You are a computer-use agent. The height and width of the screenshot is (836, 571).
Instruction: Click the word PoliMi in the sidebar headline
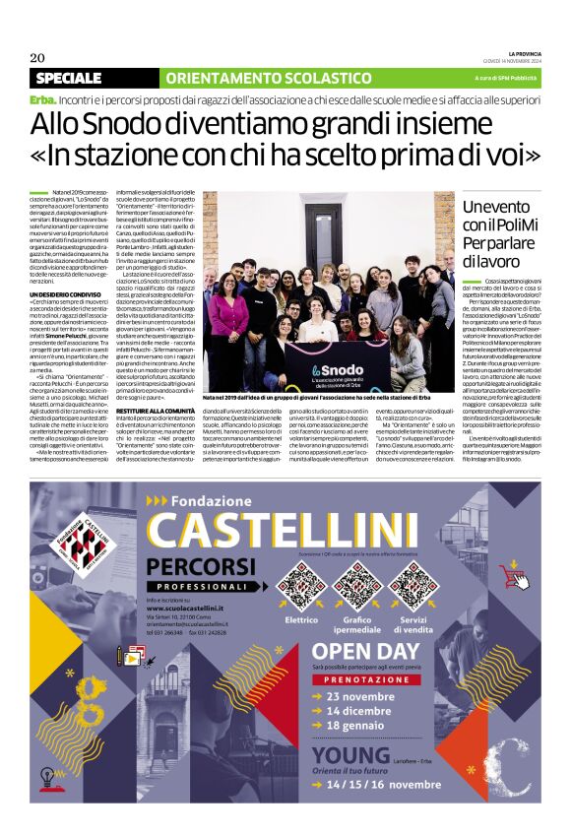point(515,225)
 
